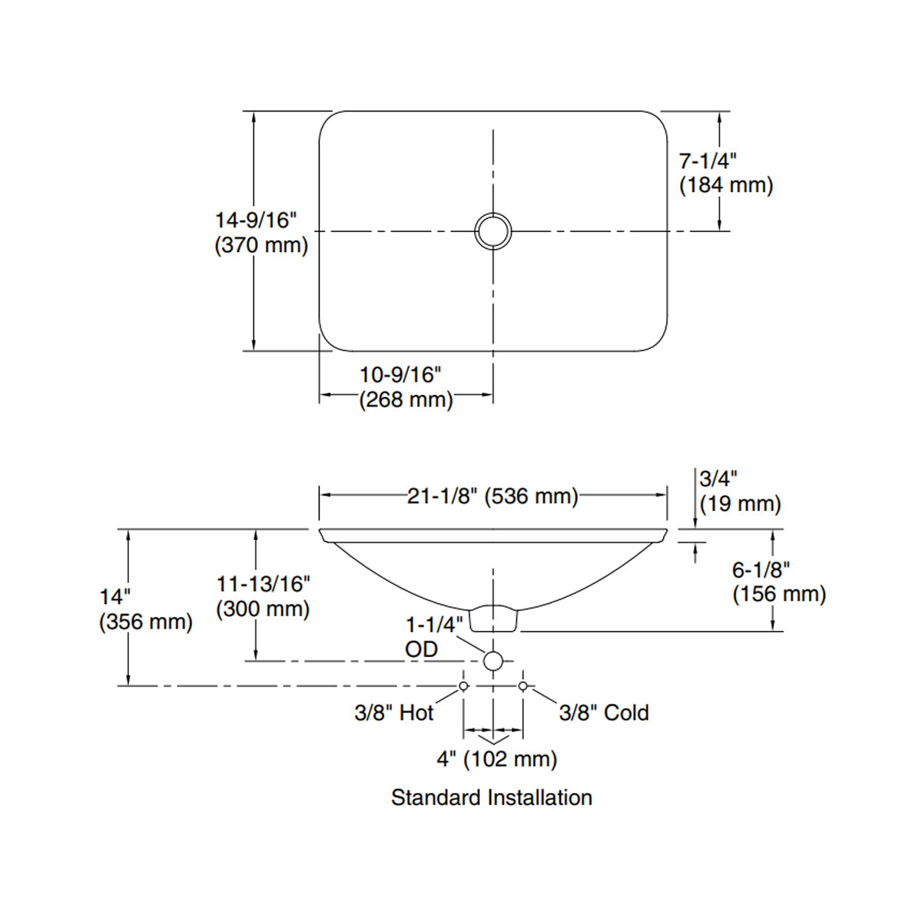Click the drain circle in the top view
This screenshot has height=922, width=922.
tap(493, 230)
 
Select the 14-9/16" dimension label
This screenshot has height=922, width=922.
tap(256, 221)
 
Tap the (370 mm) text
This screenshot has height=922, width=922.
tap(261, 245)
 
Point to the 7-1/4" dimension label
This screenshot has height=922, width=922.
tap(708, 161)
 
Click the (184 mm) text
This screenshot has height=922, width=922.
tap(726, 185)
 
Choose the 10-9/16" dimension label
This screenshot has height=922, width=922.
tap(401, 375)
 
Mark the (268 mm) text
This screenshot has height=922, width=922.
tap(406, 400)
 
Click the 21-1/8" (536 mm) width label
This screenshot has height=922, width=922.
tap(493, 496)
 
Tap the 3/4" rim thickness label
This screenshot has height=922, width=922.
tap(718, 479)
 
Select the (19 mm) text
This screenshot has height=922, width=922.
tap(740, 504)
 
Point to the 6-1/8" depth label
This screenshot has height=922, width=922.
tap(761, 570)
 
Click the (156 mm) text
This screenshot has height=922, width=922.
tap(779, 594)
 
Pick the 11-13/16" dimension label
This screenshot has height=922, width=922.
tap(263, 584)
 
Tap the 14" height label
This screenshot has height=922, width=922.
tap(115, 597)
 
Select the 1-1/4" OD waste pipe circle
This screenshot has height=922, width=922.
tap(493, 661)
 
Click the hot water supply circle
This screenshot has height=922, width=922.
tap(463, 685)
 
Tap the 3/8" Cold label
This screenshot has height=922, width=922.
tap(604, 713)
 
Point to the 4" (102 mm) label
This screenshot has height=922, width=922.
tap(497, 759)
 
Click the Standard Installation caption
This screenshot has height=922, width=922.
tap(492, 798)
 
